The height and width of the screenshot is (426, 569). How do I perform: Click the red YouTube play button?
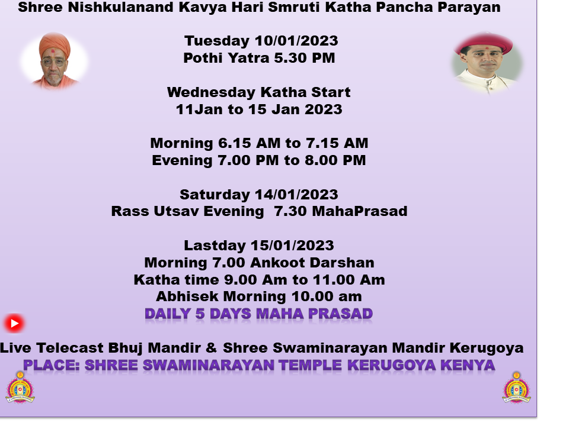point(14,323)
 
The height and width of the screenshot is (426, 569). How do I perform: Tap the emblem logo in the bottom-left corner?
point(20,387)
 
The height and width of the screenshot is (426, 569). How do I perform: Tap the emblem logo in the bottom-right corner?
point(517,387)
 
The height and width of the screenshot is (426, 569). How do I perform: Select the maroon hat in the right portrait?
point(484,43)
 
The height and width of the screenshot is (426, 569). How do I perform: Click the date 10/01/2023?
point(296,41)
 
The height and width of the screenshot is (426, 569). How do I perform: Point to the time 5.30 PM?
point(305,58)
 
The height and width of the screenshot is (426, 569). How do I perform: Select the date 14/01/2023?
point(296,195)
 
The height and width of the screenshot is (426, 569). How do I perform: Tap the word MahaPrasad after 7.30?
point(360,211)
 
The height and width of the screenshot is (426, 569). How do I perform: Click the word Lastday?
point(215,246)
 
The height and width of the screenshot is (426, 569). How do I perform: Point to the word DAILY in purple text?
point(168,314)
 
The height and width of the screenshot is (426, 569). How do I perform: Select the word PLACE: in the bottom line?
point(52,365)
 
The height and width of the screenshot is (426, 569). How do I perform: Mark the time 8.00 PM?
point(335,160)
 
